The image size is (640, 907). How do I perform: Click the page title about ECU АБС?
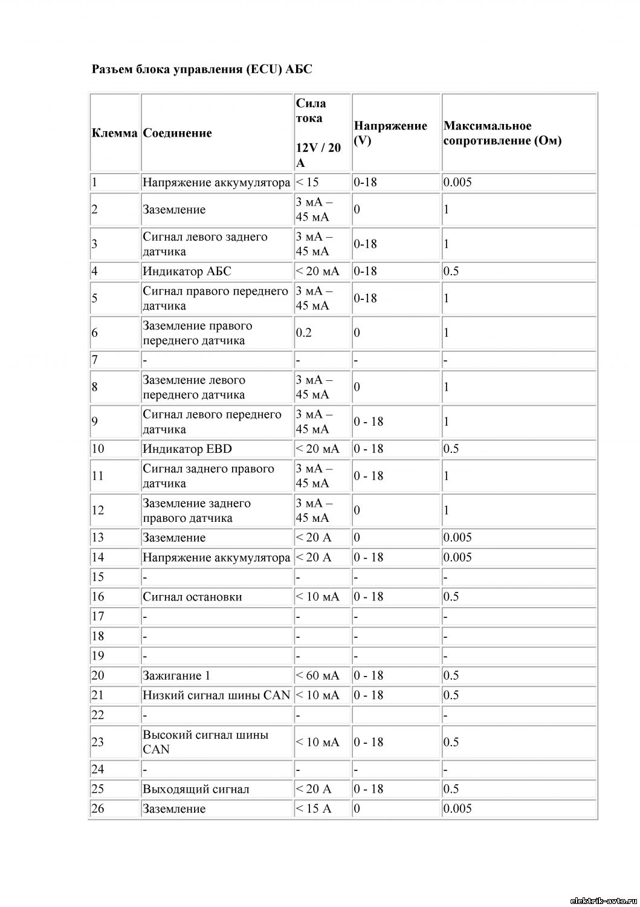pyautogui.click(x=202, y=69)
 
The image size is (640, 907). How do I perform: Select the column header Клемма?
pyautogui.click(x=114, y=133)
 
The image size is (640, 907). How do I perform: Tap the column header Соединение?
pyautogui.click(x=177, y=133)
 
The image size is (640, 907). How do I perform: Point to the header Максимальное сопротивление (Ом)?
pyautogui.click(x=502, y=133)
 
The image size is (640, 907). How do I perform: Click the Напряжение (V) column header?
pyautogui.click(x=390, y=133)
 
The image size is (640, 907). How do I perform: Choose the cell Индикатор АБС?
pyautogui.click(x=187, y=271)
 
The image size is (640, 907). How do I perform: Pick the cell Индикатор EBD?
pyautogui.click(x=187, y=449)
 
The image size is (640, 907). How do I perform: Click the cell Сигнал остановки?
pyautogui.click(x=192, y=597)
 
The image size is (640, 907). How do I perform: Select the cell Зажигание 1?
pyautogui.click(x=176, y=675)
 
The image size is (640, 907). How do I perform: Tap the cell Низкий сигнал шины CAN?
pyautogui.click(x=216, y=695)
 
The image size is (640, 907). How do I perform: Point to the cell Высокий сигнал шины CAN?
pyautogui.click(x=205, y=742)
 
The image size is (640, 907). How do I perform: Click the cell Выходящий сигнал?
pyautogui.click(x=196, y=789)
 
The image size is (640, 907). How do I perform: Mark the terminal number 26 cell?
pyautogui.click(x=98, y=808)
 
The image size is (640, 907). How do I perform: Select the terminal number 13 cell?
pyautogui.click(x=98, y=538)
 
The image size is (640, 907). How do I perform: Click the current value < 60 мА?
pyautogui.click(x=317, y=675)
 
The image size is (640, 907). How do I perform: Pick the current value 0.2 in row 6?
pyautogui.click(x=304, y=333)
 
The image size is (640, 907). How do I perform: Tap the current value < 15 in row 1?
pyautogui.click(x=308, y=182)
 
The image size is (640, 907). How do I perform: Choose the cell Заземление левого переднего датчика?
pyautogui.click(x=194, y=387)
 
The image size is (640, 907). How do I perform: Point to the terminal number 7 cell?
pyautogui.click(x=95, y=360)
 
